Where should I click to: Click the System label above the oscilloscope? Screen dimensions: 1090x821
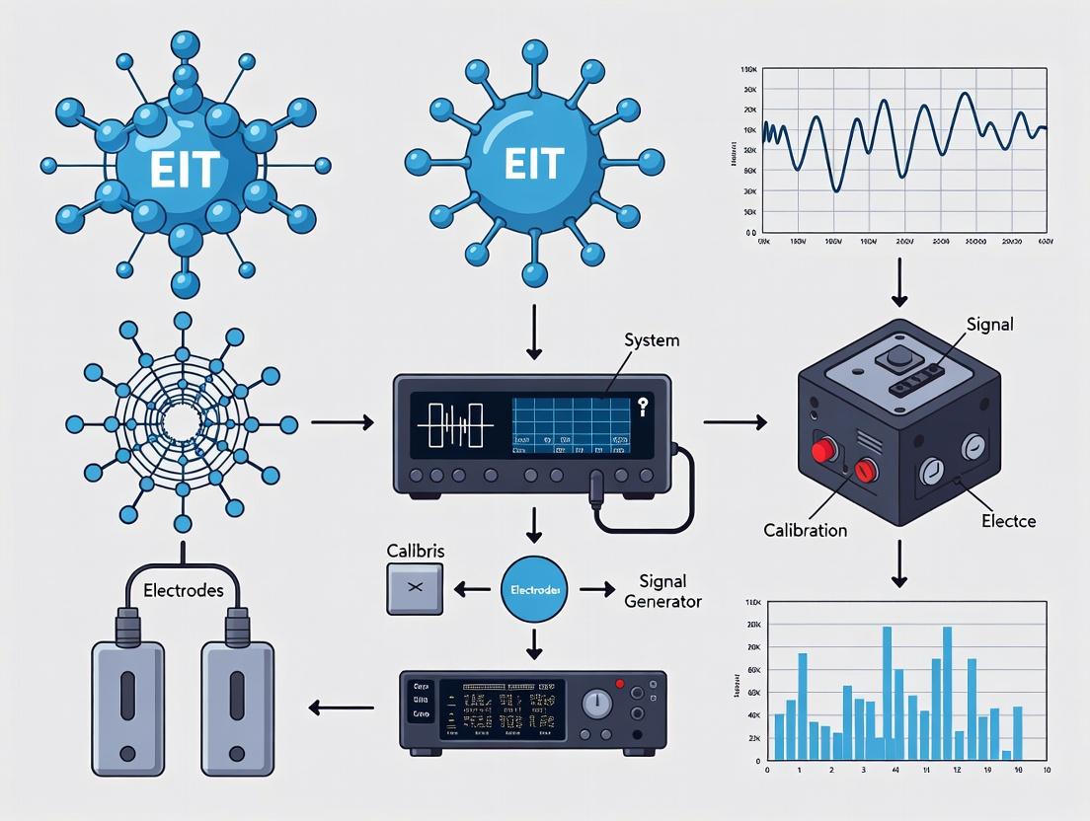653,339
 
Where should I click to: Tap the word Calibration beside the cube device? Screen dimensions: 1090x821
805,530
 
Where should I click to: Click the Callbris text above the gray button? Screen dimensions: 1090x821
415,551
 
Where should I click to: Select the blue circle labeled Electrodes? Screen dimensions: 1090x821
534,589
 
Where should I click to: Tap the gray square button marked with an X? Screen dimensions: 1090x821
415,589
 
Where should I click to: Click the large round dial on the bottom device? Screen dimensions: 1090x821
596,704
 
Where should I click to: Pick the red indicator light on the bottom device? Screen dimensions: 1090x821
619,683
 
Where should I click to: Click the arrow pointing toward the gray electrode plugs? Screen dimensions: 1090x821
342,707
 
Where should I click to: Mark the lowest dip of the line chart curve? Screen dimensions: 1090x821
837,189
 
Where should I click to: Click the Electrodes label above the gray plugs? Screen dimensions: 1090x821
184,591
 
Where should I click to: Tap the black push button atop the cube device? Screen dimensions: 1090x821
897,356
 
